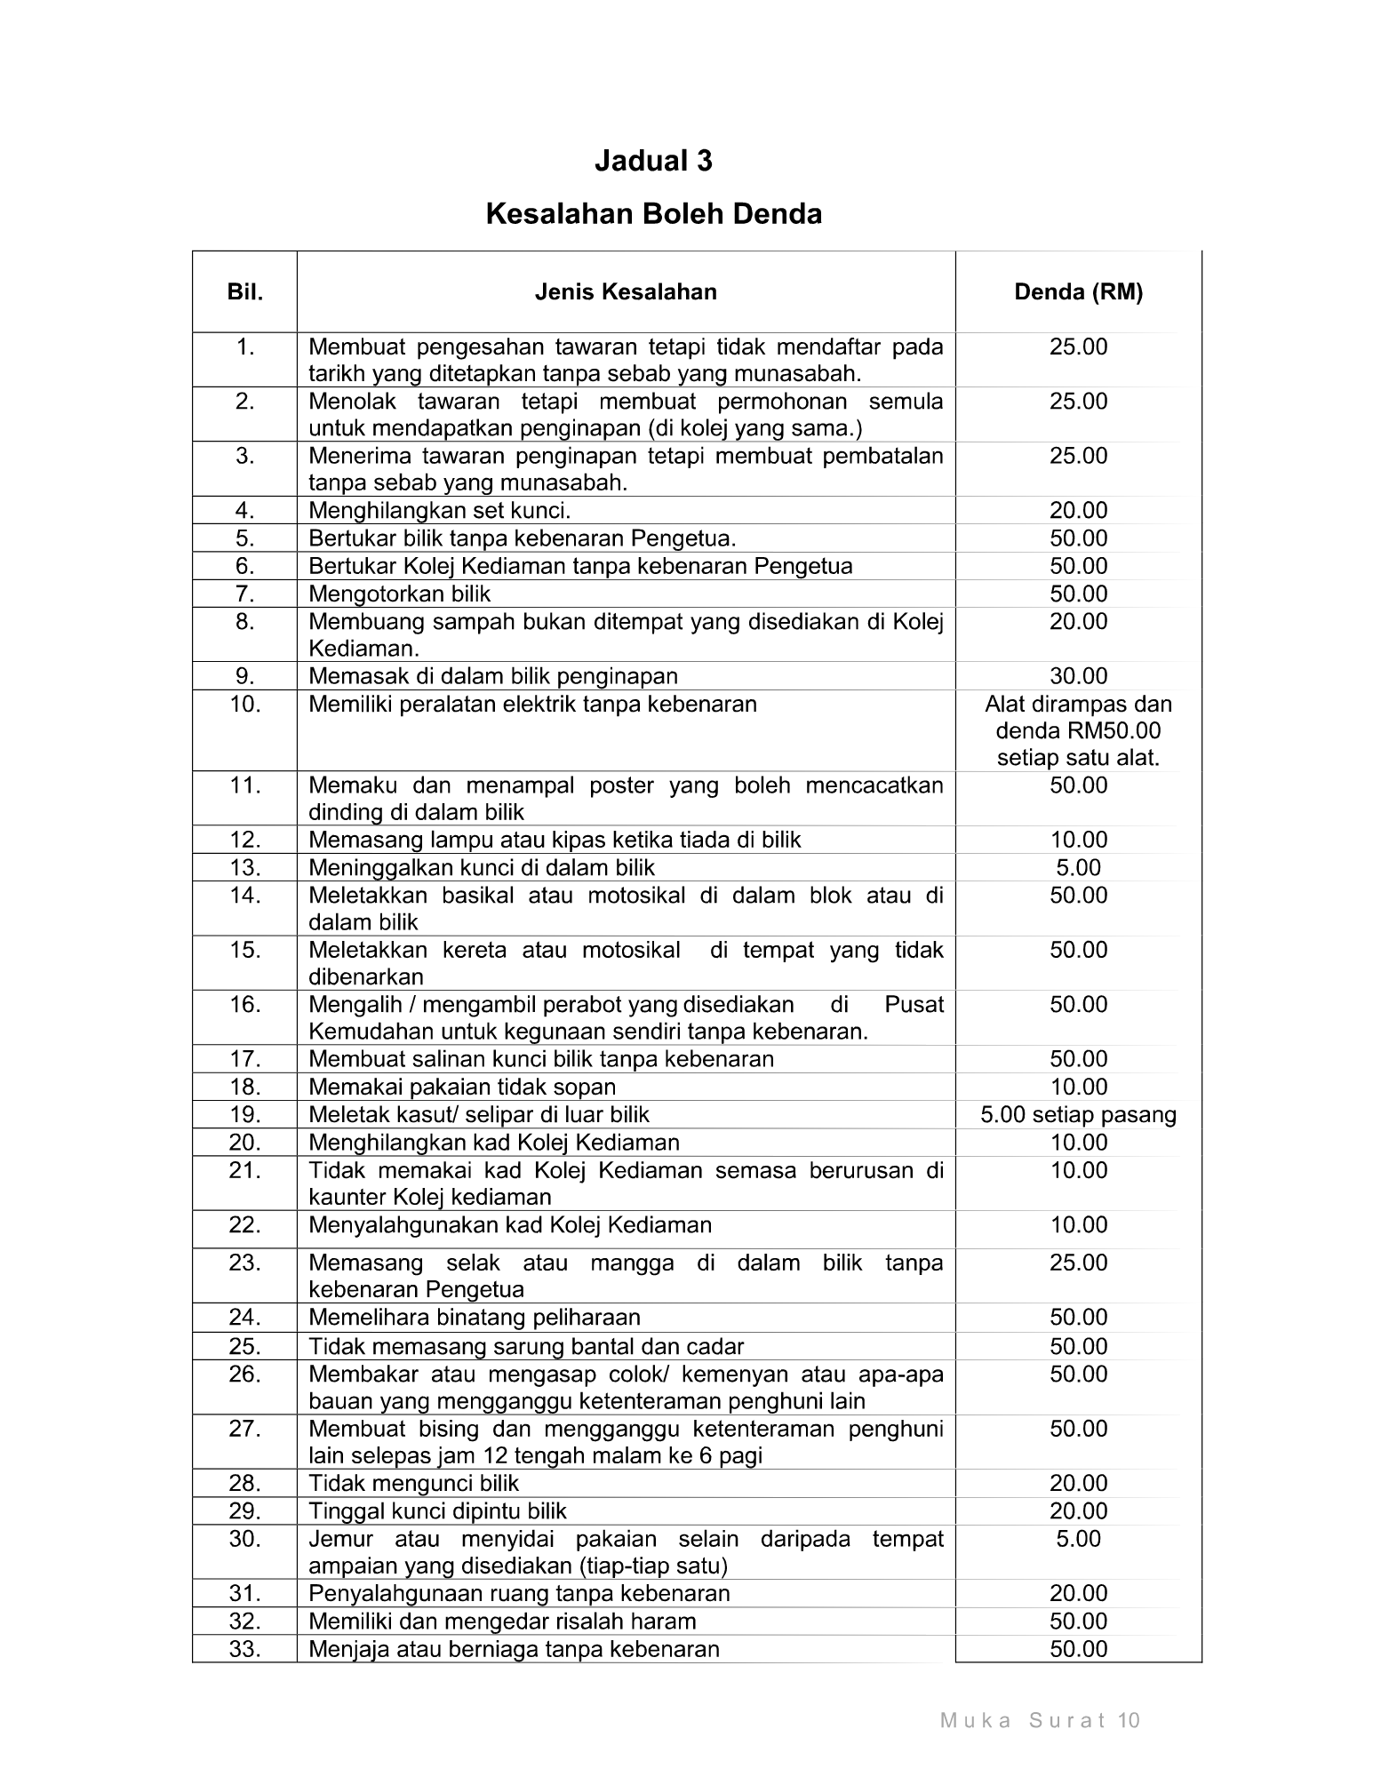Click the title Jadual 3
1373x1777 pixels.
pos(653,161)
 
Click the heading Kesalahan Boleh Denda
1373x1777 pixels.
pos(653,214)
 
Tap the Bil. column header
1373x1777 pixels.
pos(245,292)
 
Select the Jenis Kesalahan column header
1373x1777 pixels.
pos(626,292)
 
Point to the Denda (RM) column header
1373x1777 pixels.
pos(1078,292)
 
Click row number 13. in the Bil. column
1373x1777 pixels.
pos(245,867)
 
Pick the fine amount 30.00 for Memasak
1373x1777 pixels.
pos(1078,676)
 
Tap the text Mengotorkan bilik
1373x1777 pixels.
pos(399,594)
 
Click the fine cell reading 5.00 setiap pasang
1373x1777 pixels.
pos(1078,1115)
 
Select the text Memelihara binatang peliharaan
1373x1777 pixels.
pos(474,1317)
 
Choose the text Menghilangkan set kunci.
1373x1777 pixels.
pos(439,511)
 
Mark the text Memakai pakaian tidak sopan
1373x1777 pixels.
pos(461,1087)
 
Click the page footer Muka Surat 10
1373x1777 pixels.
pos(1040,1721)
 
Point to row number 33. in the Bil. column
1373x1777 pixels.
pos(245,1649)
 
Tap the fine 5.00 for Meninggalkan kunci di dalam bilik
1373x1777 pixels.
pos(1078,867)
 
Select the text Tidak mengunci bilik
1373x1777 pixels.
pos(413,1483)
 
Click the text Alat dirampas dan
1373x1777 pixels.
pos(1078,705)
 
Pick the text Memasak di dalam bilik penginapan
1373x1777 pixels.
pos(492,676)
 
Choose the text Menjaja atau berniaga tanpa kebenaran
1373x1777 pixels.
pos(514,1649)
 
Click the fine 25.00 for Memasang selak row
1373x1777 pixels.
pos(1078,1263)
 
